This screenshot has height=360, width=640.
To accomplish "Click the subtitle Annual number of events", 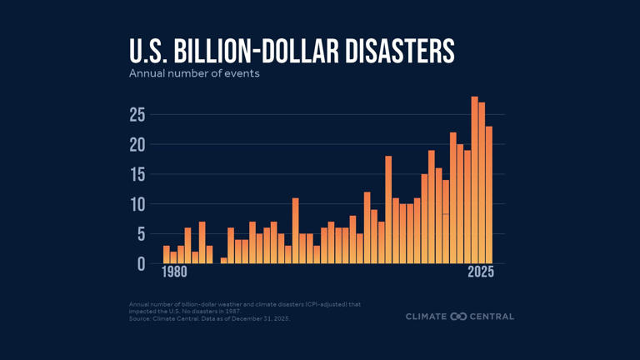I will pos(194,73).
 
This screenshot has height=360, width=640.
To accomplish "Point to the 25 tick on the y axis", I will pos(137,115).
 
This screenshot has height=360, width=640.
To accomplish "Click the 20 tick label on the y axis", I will pos(137,145).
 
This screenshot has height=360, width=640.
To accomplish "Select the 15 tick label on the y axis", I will pos(137,175).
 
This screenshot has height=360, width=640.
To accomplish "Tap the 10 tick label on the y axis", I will pos(137,205).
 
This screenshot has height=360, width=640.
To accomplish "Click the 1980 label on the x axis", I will pos(174,272).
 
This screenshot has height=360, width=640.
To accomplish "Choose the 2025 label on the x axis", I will pos(481,272).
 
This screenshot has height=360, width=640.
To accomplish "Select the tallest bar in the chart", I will pos(474,180).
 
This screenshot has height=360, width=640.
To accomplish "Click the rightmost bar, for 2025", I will pos(489,195).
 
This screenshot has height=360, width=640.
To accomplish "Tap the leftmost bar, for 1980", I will pos(167,255).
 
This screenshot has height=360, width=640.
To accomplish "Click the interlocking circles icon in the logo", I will pos(459,317).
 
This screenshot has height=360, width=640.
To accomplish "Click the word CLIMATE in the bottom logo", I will pos(426,317).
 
